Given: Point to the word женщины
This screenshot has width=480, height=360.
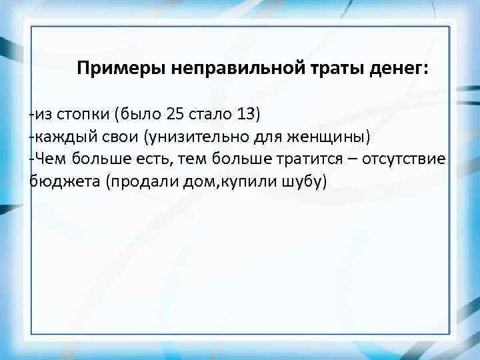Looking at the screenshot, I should click(x=331, y=137).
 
